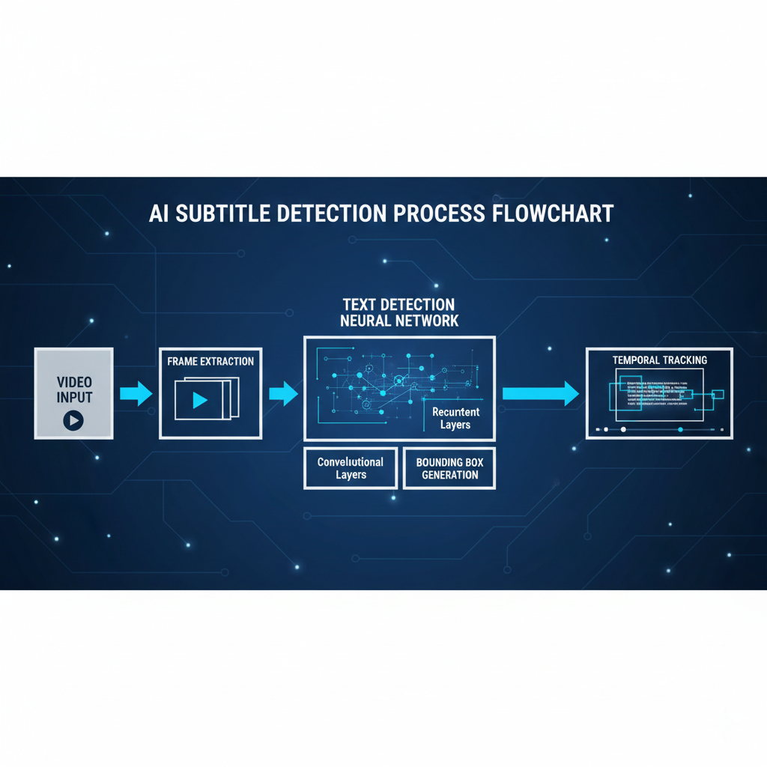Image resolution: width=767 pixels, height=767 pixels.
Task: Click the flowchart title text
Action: click(x=381, y=213)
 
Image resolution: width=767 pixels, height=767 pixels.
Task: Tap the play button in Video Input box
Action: click(x=73, y=420)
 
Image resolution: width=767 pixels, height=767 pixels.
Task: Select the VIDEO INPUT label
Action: click(x=73, y=390)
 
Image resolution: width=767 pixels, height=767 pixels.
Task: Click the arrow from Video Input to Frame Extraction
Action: click(x=136, y=394)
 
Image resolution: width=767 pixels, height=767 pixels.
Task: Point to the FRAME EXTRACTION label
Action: click(x=210, y=361)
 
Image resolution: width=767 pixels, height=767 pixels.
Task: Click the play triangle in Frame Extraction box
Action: click(x=199, y=400)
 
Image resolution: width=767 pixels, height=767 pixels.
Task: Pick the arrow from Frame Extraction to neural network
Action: click(x=283, y=394)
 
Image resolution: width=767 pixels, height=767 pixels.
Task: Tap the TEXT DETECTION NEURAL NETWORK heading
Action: click(x=398, y=312)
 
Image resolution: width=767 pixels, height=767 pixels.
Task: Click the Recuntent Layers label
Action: click(x=455, y=418)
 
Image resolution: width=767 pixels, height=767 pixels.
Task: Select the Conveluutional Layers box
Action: click(x=351, y=468)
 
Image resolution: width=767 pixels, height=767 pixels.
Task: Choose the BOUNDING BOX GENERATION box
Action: click(x=449, y=468)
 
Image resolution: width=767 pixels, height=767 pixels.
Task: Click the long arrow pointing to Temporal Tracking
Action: click(x=540, y=394)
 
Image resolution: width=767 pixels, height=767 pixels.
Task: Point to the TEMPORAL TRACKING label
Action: click(x=659, y=360)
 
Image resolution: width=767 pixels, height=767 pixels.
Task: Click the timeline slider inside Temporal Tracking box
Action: click(x=659, y=429)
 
